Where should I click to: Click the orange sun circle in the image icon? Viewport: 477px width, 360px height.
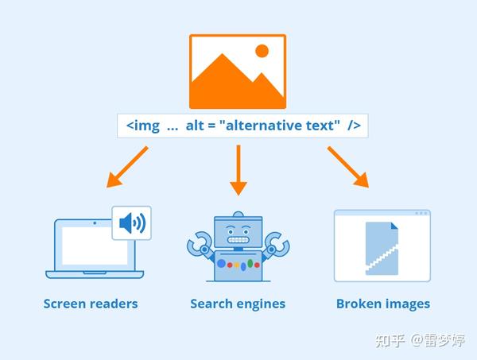(262, 51)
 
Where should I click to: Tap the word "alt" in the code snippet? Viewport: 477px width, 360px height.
(195, 126)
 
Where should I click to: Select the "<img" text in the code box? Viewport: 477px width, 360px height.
(142, 126)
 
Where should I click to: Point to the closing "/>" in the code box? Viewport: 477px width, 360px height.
(354, 126)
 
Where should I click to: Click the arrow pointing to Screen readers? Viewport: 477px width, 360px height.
(127, 167)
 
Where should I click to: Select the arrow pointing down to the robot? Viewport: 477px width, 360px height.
(238, 170)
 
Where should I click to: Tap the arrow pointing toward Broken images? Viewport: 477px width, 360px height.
(348, 167)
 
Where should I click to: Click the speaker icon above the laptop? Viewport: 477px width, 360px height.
(132, 223)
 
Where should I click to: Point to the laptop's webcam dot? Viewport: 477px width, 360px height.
(95, 223)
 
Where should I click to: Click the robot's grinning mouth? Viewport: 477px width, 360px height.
(238, 240)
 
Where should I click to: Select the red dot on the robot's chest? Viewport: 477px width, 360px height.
(230, 265)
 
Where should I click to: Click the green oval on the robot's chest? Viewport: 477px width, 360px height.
(250, 263)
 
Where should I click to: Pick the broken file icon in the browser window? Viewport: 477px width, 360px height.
(382, 249)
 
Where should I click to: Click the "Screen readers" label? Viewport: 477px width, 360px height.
(91, 304)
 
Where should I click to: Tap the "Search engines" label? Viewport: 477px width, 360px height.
(238, 304)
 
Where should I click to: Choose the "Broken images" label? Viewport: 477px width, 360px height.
(383, 304)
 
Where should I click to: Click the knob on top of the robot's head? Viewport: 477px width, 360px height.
(238, 215)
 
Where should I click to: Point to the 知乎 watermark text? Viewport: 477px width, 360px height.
(390, 341)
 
